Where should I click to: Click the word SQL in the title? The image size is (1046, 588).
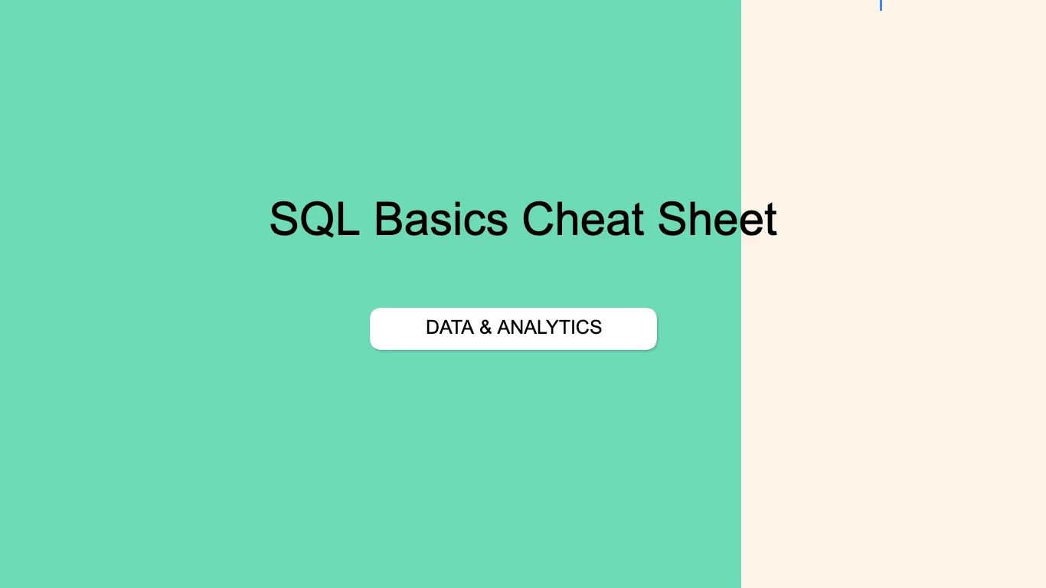coord(314,219)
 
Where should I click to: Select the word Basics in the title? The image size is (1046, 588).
coord(440,219)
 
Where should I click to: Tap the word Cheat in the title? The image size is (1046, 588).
coord(582,219)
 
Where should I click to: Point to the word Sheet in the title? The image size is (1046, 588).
coord(717,219)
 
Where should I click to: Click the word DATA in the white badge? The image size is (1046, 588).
coord(449,328)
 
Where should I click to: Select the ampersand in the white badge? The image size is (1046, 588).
coord(485,328)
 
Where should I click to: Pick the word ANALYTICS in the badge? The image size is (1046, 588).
coord(549,328)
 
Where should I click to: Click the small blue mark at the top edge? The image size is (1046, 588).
coord(881,5)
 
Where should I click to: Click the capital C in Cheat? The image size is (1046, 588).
coord(540,219)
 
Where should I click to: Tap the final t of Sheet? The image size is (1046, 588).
coord(770,220)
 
